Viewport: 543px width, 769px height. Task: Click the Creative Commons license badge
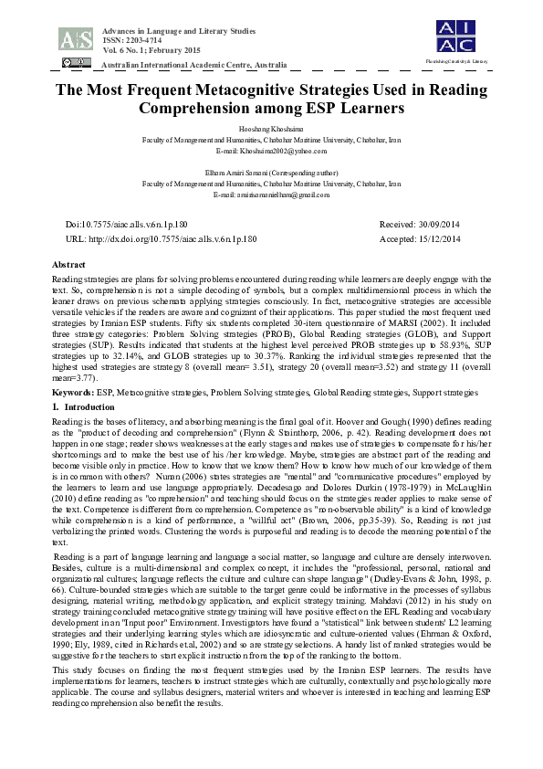tap(77, 63)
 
